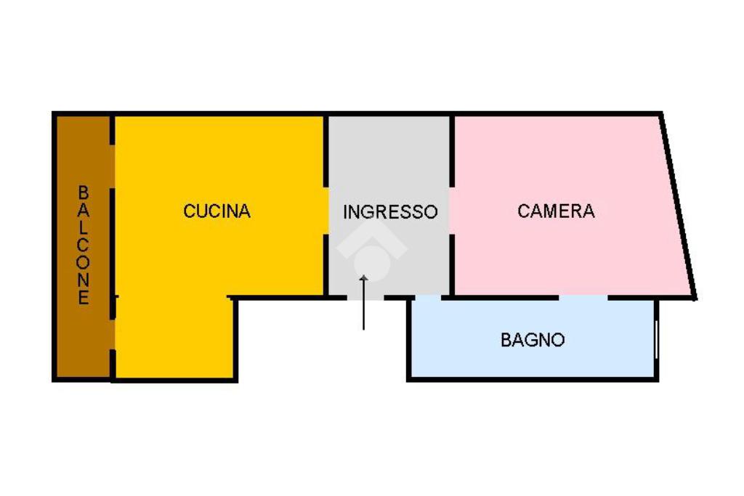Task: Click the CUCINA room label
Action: (x=217, y=211)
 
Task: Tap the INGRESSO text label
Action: (x=390, y=212)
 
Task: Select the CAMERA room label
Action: (x=556, y=211)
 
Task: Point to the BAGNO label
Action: (x=533, y=339)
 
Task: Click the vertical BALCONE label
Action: (x=84, y=245)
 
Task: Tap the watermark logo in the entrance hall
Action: (x=371, y=251)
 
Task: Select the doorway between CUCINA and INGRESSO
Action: (x=326, y=211)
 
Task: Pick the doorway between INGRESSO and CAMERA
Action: (x=452, y=211)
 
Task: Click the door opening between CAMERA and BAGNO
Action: (x=583, y=297)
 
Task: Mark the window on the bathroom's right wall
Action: (x=656, y=339)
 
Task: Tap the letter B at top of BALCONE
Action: (x=84, y=193)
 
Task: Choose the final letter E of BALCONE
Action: (x=84, y=298)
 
